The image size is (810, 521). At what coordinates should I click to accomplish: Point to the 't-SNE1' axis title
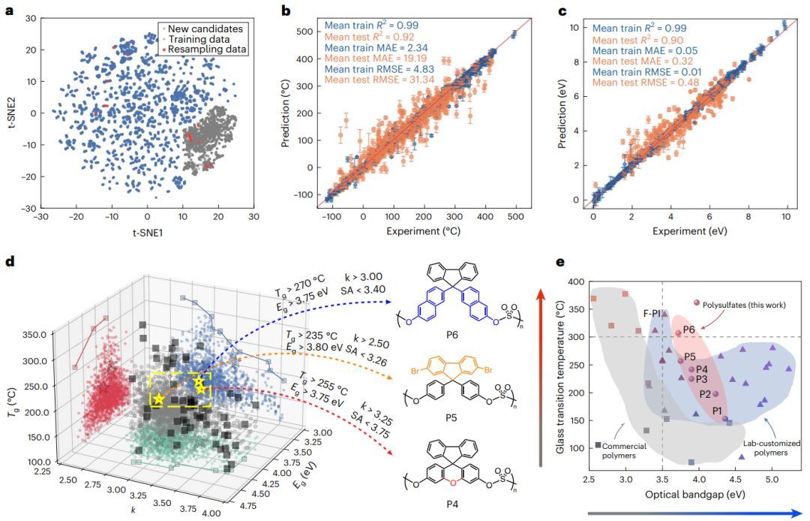pyautogui.click(x=140, y=232)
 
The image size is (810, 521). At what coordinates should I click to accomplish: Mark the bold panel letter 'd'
pyautogui.click(x=10, y=262)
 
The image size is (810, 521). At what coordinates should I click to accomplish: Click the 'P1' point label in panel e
pyautogui.click(x=717, y=410)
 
